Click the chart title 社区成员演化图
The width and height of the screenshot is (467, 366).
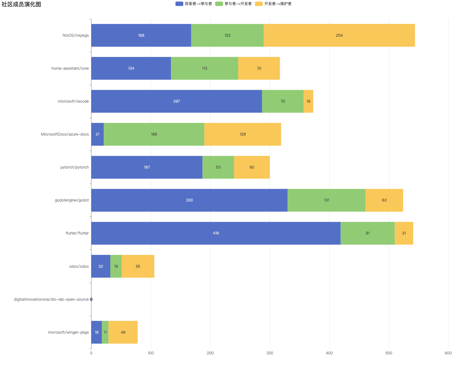(21, 4)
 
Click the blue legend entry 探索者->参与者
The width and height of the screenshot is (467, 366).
(194, 4)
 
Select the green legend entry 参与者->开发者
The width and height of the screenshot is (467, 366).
(233, 4)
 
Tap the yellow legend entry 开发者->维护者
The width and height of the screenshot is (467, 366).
(273, 4)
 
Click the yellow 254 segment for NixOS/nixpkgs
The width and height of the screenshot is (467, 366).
(339, 35)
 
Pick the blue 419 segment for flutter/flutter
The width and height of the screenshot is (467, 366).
(216, 233)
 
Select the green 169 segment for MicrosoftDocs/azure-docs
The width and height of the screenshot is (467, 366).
(154, 134)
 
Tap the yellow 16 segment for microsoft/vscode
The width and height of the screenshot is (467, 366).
(308, 101)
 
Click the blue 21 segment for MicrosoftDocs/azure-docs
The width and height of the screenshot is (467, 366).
(97, 134)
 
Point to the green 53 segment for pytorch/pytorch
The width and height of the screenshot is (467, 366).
(218, 167)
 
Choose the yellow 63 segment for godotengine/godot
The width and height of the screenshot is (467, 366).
(384, 200)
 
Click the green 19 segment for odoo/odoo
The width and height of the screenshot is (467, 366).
(116, 266)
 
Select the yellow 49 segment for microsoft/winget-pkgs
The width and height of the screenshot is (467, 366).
(123, 332)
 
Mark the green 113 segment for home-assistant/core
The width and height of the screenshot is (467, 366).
(205, 68)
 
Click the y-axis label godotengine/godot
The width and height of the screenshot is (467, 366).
(72, 200)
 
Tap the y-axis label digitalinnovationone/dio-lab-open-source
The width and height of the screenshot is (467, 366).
(51, 299)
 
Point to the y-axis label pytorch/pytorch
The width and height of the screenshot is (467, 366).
(74, 167)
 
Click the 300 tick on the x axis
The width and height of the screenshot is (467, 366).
(270, 353)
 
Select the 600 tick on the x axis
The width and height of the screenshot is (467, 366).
(448, 353)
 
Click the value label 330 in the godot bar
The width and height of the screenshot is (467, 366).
(189, 200)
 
